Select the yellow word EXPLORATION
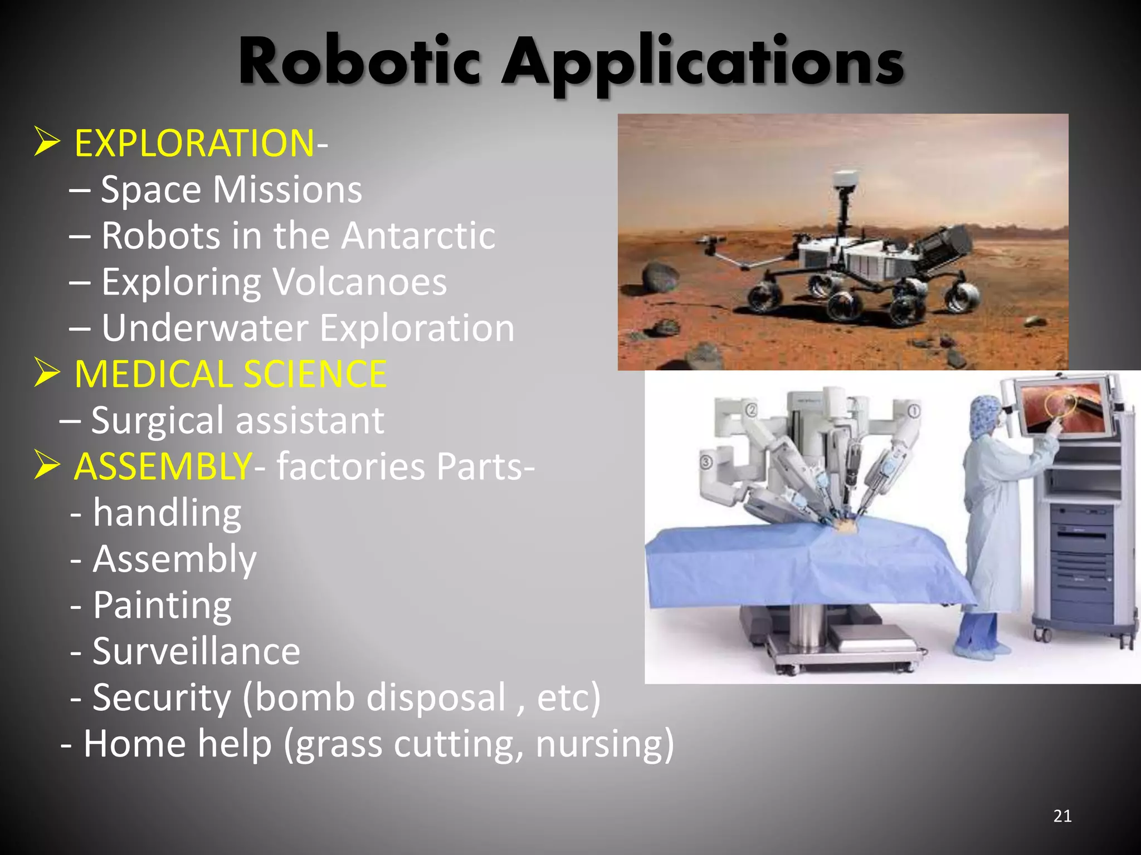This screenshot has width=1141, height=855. pyautogui.click(x=194, y=144)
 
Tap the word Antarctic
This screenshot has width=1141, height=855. pyautogui.click(x=418, y=235)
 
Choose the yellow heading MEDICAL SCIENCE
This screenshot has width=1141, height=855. pyautogui.click(x=230, y=374)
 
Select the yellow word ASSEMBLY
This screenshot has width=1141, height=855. pyautogui.click(x=163, y=466)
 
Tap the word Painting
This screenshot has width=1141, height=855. pyautogui.click(x=162, y=606)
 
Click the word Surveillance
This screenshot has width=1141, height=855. pyautogui.click(x=196, y=651)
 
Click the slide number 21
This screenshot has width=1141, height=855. pyautogui.click(x=1062, y=816)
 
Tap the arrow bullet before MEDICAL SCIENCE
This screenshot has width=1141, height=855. pyautogui.click(x=47, y=372)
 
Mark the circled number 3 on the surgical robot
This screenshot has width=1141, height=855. pyautogui.click(x=706, y=462)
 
